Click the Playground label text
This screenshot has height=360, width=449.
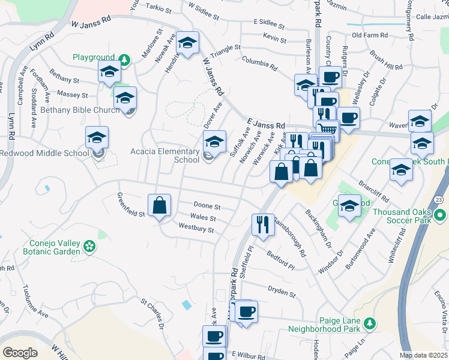coord(94,58)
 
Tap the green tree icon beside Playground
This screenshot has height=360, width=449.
coord(124,59)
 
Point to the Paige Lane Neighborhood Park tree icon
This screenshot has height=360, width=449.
coord(370,323)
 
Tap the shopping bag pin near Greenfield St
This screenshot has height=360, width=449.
coord(160,206)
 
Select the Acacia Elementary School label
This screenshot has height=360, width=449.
coord(170,155)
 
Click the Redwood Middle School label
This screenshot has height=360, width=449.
coord(44,154)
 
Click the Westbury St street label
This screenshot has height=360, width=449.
coord(196,228)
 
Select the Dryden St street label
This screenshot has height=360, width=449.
coord(282,292)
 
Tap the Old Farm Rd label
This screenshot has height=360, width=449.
coord(369,35)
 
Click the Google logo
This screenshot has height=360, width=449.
coord(20,352)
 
